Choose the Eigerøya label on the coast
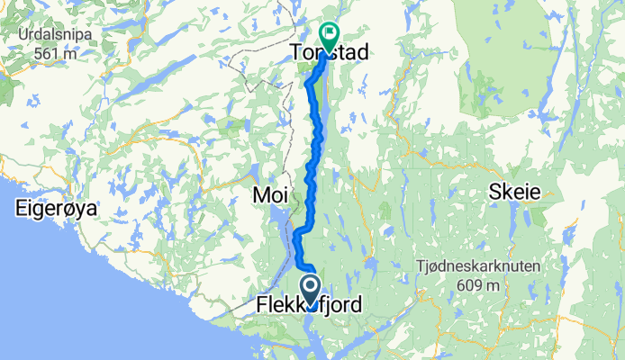point(55,209)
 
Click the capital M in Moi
point(259,195)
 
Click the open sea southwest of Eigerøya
point(36,297)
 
